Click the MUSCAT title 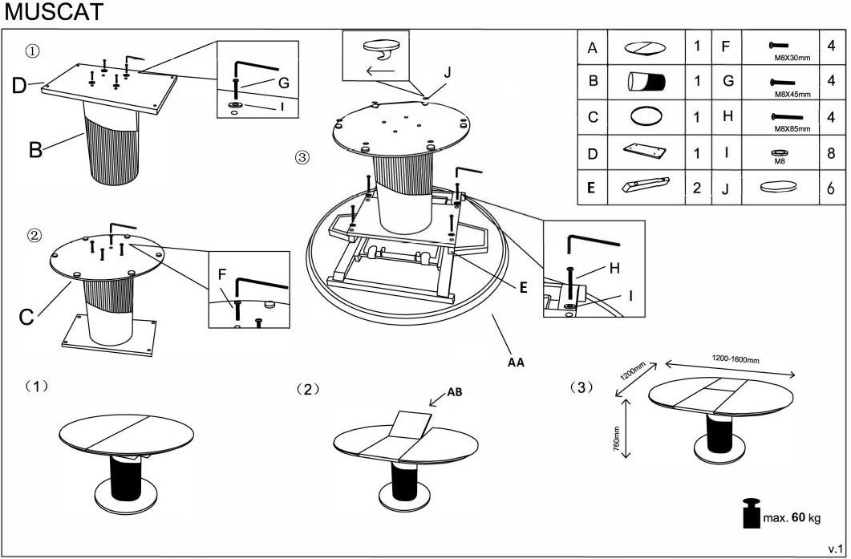[53, 13]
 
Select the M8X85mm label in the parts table [792, 128]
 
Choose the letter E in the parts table [592, 188]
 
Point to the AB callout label [454, 393]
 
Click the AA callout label [516, 362]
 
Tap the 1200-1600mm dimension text [736, 358]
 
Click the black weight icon [751, 514]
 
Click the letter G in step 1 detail [283, 83]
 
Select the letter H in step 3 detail [614, 269]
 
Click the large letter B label [34, 150]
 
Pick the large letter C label [26, 318]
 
